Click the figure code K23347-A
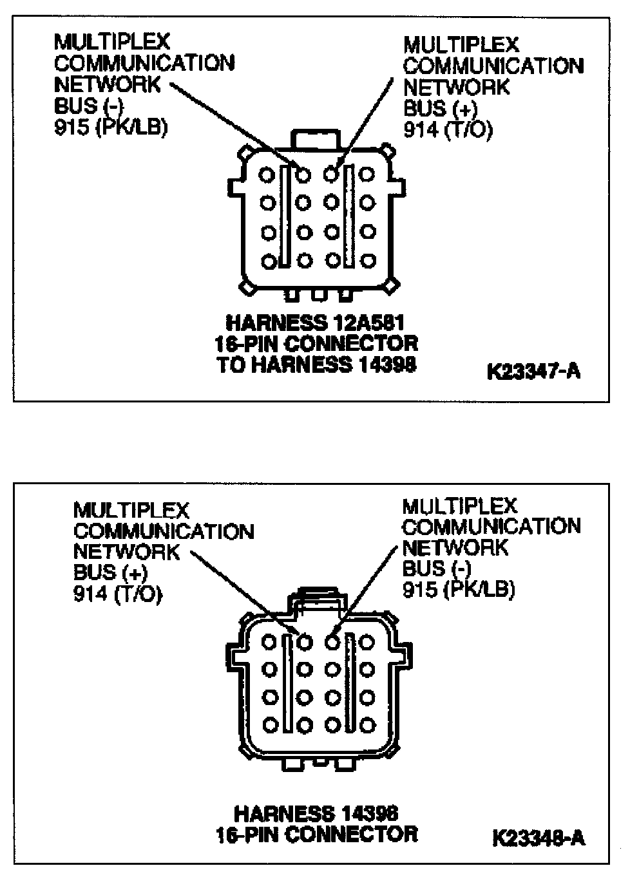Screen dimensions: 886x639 [x=533, y=372]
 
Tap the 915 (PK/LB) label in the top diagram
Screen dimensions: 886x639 [x=111, y=127]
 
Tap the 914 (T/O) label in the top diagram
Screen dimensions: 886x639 [x=448, y=130]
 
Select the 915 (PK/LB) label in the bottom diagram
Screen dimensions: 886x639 [x=459, y=590]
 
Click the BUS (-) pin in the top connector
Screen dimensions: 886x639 [x=303, y=174]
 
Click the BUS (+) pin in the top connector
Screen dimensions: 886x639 [x=331, y=173]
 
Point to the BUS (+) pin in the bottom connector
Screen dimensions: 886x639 [x=305, y=641]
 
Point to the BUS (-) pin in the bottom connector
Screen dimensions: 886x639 [x=332, y=641]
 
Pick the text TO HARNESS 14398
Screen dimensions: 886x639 [x=316, y=364]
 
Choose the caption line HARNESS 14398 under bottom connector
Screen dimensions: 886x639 [x=316, y=813]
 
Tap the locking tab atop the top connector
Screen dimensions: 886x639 [x=316, y=138]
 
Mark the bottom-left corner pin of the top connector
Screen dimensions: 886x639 [x=269, y=261]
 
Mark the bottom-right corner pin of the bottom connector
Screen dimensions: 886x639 [x=367, y=725]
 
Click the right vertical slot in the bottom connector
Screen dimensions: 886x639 [x=350, y=683]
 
